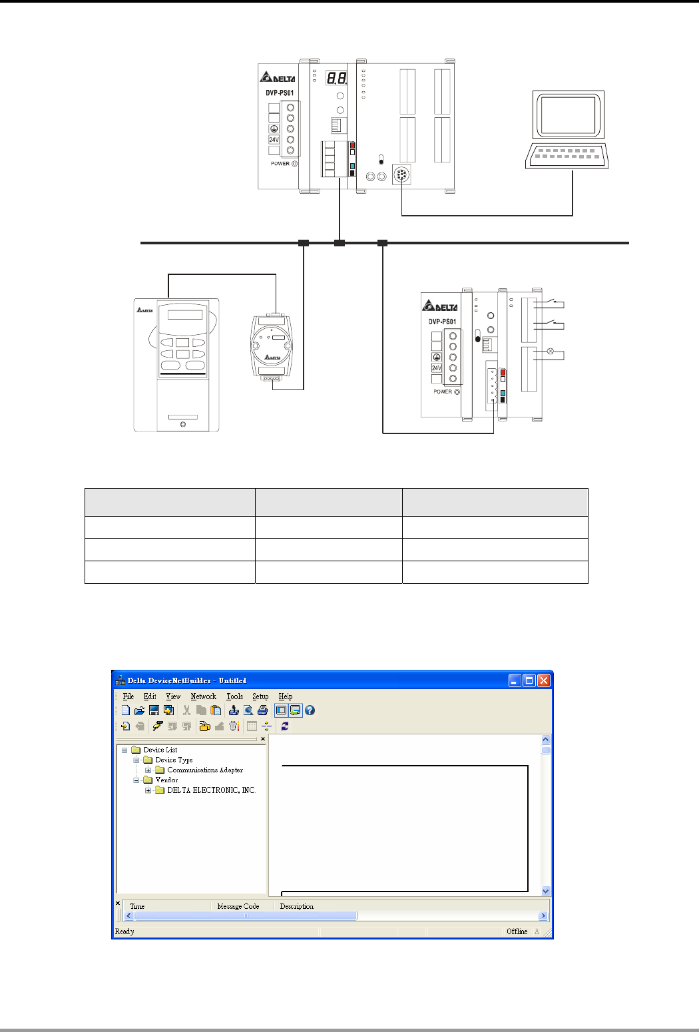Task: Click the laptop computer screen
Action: pos(567,115)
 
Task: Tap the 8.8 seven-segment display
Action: pos(336,79)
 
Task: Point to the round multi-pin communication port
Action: pos(401,175)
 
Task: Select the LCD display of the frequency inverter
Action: pos(185,315)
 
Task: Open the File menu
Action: pos(128,696)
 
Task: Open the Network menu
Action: pos(203,696)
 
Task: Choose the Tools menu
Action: pos(234,696)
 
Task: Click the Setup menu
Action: pos(260,696)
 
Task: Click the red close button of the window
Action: pos(544,680)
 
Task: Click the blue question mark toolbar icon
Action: pos(310,710)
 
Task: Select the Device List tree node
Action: pos(160,750)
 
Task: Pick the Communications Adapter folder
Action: pos(204,770)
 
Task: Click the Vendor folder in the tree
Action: pos(166,780)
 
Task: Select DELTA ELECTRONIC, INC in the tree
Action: pos(210,790)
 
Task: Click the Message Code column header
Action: pos(238,906)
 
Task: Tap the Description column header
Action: pos(296,906)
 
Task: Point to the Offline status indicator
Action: pos(517,931)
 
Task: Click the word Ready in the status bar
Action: pos(124,931)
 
